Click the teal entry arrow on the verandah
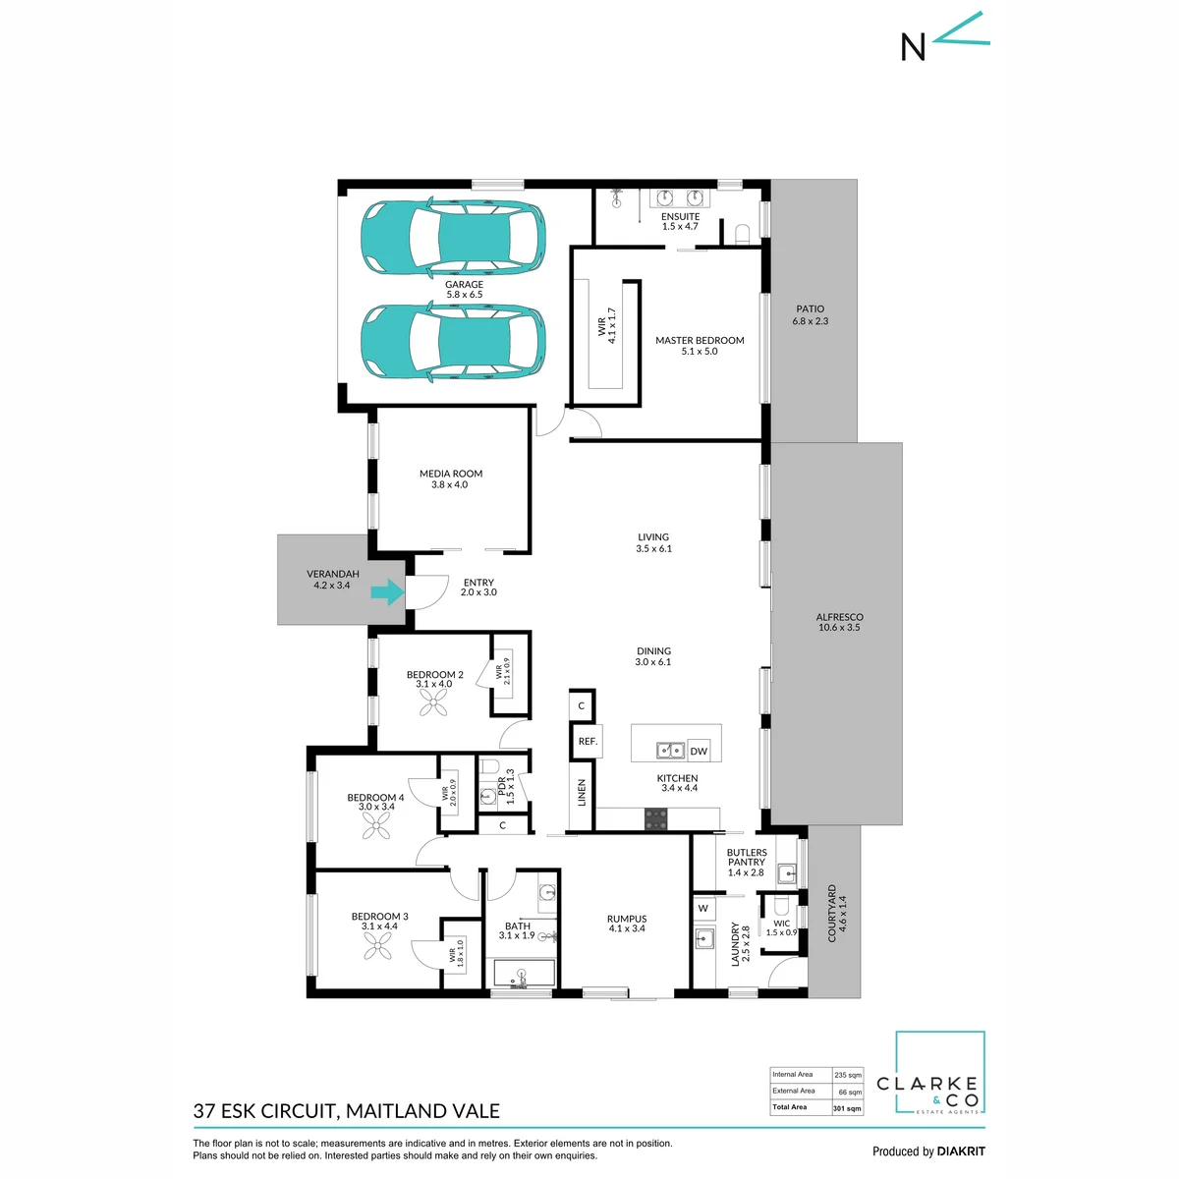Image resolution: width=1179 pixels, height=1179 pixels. pyautogui.click(x=387, y=591)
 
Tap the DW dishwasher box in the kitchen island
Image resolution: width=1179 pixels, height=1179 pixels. pyautogui.click(x=699, y=751)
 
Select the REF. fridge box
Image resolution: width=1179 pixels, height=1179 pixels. pyautogui.click(x=588, y=741)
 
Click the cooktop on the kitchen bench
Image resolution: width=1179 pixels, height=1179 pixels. pyautogui.click(x=656, y=818)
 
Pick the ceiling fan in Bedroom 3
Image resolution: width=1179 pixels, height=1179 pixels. pyautogui.click(x=377, y=945)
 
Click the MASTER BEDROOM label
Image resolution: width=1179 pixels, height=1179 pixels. pyautogui.click(x=700, y=340)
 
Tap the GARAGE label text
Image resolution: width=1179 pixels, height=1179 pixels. pyautogui.click(x=464, y=285)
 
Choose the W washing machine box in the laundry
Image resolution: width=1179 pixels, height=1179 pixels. pyautogui.click(x=703, y=908)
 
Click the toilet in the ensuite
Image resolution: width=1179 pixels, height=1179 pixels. pyautogui.click(x=742, y=235)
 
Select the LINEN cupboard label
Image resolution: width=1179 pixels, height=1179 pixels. pyautogui.click(x=582, y=792)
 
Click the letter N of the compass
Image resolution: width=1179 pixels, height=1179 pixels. pyautogui.click(x=913, y=46)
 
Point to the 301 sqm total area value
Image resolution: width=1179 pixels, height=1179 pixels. pyautogui.click(x=847, y=1108)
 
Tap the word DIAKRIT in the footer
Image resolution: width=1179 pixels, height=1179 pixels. pyautogui.click(x=960, y=1151)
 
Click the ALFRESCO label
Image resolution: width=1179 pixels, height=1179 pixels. pyautogui.click(x=839, y=617)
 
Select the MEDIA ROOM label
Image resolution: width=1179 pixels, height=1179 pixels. pyautogui.click(x=451, y=474)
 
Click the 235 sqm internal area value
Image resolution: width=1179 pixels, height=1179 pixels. pyautogui.click(x=847, y=1075)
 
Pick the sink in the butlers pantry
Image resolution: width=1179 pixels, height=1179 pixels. pyautogui.click(x=787, y=872)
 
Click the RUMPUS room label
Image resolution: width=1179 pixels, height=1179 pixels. pyautogui.click(x=627, y=919)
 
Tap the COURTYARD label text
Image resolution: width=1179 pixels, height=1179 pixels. pyautogui.click(x=831, y=913)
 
